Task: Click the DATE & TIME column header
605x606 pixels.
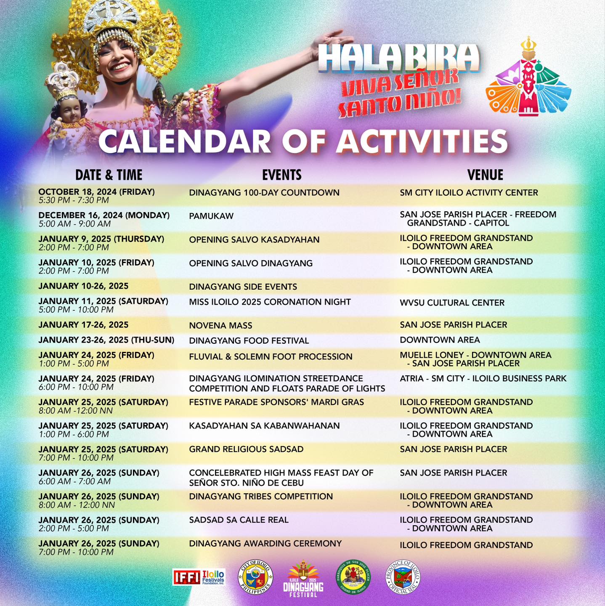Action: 109,175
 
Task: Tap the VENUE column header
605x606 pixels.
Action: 485,175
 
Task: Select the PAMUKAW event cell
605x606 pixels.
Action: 211,216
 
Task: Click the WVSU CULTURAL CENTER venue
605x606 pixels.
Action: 452,303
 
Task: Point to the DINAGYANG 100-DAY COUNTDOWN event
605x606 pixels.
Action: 264,193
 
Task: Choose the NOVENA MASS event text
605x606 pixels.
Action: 220,325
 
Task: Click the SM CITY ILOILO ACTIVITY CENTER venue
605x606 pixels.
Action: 469,193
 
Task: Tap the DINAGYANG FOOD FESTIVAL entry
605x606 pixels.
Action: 249,340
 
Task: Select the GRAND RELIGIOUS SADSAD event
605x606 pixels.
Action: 246,449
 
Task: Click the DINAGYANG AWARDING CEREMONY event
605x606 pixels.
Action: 265,543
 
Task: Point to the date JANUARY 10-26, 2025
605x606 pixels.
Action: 83,286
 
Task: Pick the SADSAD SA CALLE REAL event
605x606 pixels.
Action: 239,520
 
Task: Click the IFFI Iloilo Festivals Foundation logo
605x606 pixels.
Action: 199,577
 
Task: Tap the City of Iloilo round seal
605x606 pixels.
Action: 255,577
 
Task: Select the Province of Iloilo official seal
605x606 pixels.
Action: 403,577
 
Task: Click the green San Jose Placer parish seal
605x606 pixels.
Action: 353,577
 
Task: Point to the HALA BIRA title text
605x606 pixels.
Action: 398,58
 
